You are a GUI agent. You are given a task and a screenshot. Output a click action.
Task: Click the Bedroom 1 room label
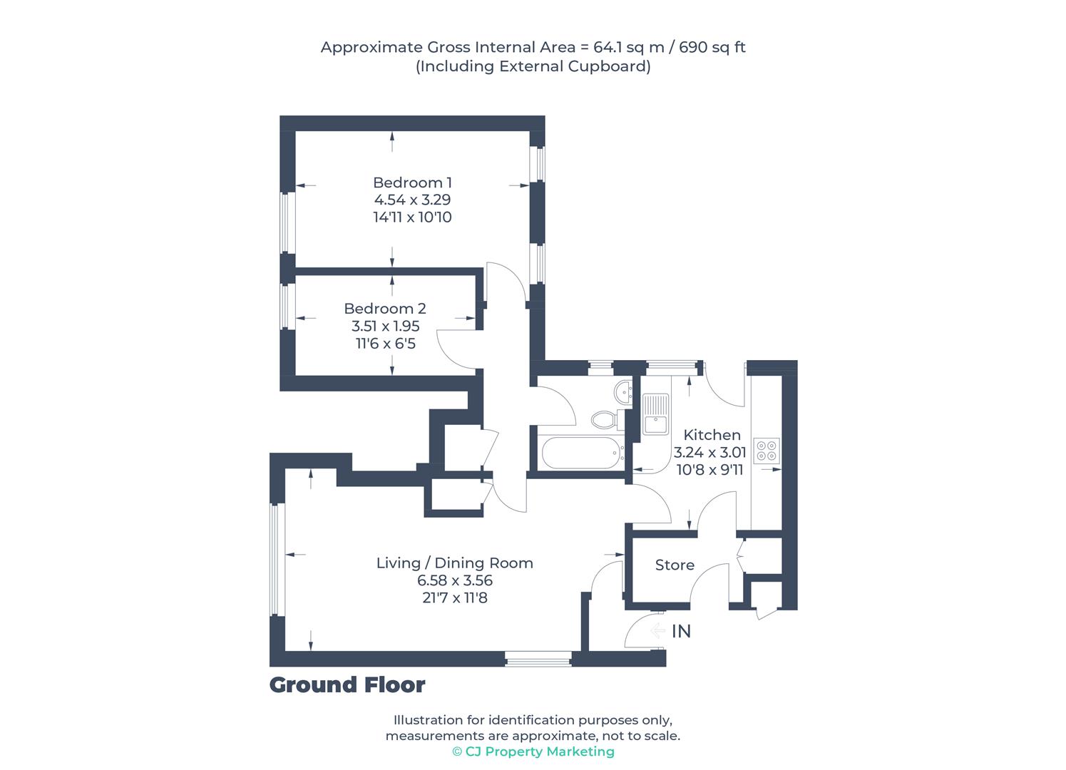pos(412,183)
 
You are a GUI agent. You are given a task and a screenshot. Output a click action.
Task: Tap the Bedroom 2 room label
pos(384,309)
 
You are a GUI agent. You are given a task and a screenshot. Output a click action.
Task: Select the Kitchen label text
pos(712,435)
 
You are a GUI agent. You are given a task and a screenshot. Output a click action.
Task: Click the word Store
pos(675,565)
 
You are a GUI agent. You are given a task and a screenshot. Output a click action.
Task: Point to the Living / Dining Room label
pos(454,563)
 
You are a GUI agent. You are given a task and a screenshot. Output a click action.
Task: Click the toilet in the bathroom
pos(604,419)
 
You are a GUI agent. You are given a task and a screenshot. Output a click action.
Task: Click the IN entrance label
pos(681,632)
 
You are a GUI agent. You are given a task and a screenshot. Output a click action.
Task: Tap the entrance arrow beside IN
pos(657,631)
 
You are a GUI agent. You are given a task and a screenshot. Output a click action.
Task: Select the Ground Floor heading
pos(347,685)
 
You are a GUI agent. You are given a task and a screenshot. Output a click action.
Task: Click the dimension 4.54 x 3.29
pos(412,200)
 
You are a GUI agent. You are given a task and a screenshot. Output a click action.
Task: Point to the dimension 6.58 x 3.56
pos(454,581)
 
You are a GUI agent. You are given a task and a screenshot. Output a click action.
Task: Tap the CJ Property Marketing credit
pos(533,751)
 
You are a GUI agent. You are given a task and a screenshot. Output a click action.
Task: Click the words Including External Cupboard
pos(533,66)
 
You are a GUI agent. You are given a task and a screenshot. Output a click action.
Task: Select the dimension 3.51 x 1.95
pos(385,327)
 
